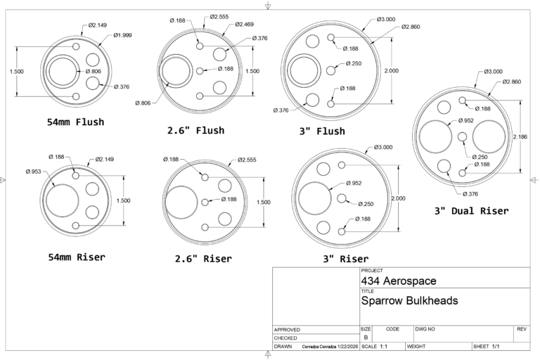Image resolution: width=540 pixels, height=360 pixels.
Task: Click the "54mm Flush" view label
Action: [75, 122]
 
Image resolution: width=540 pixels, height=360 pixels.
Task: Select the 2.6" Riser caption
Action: [203, 259]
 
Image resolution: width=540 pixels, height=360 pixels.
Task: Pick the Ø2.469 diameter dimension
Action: [243, 25]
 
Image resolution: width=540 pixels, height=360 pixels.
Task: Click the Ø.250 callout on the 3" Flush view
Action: [353, 64]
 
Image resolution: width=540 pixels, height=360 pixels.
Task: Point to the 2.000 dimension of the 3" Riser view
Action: [398, 198]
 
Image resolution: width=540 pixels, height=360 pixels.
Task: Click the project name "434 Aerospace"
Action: [399, 281]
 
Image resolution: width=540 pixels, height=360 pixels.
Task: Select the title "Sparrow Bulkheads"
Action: [409, 300]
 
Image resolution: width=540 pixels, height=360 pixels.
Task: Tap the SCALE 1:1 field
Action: [380, 347]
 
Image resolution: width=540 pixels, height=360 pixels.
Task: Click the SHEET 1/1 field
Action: [486, 347]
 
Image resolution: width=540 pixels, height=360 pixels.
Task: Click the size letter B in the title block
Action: [366, 337]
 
